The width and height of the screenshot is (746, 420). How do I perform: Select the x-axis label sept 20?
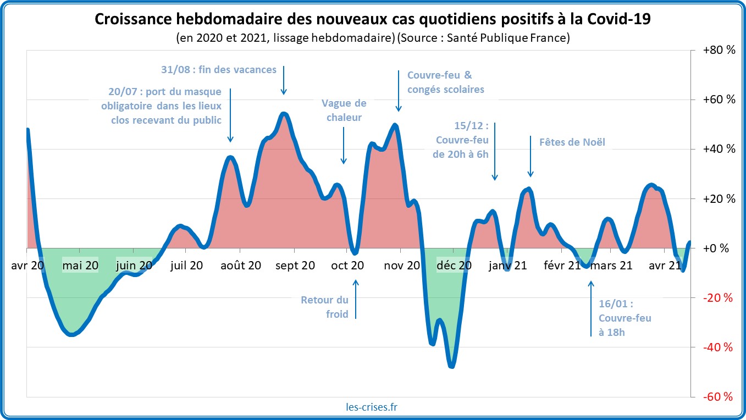point(295,266)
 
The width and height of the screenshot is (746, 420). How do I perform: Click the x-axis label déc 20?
point(454,266)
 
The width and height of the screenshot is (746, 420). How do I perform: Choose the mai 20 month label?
point(80,266)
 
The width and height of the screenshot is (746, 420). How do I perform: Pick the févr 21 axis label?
point(562,266)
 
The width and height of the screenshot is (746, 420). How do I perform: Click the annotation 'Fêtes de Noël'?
point(572,142)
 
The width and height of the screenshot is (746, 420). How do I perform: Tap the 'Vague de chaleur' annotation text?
point(344,110)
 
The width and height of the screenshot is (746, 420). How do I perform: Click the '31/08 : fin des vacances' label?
point(218,69)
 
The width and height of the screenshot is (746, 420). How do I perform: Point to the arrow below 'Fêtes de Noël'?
point(531,156)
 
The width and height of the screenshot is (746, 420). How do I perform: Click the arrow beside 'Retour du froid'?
point(356,299)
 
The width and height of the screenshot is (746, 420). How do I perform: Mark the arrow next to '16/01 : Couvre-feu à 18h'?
point(591,308)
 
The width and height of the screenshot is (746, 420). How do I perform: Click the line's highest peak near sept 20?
point(284,114)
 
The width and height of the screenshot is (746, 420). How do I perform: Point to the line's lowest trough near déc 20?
point(452,366)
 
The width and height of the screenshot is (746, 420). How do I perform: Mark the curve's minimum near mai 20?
point(72,334)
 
